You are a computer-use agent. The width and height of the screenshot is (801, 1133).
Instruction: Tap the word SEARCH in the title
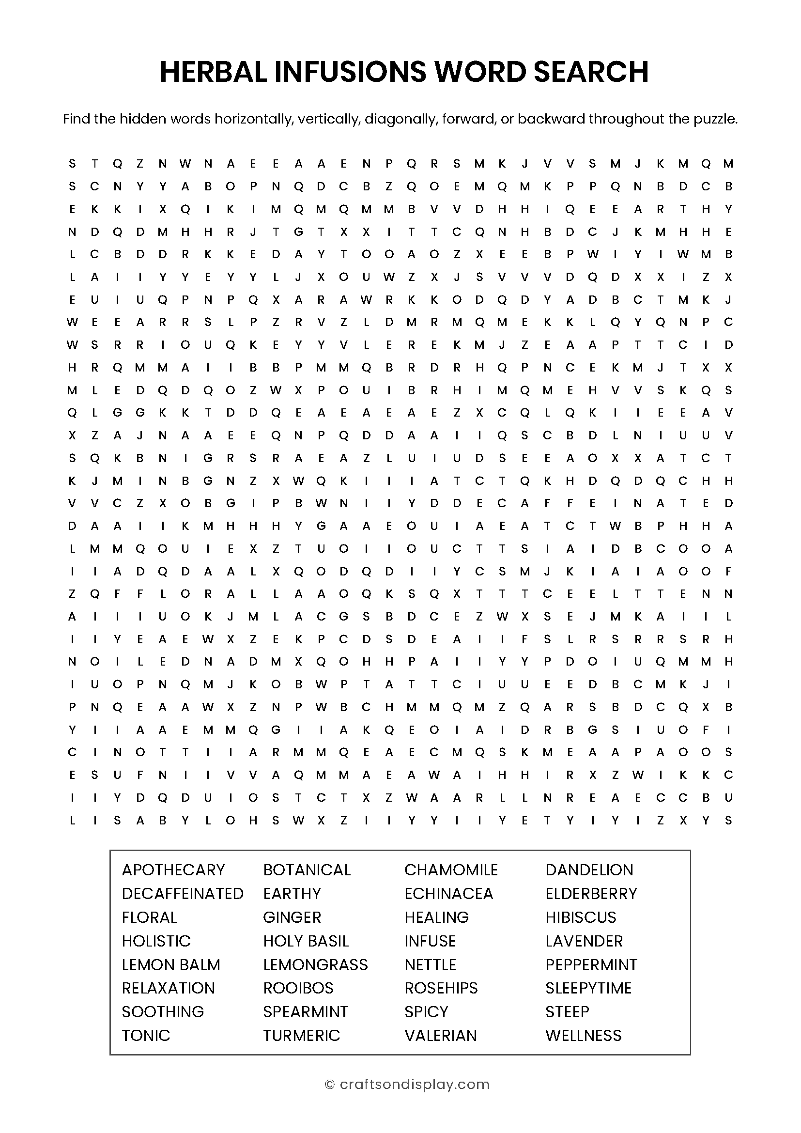pos(591,72)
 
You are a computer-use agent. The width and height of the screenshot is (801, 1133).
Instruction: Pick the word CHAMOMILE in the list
pos(451,869)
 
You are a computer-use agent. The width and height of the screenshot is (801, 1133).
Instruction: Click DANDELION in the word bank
pos(589,869)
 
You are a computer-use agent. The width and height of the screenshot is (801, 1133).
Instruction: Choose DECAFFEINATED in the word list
pos(183,893)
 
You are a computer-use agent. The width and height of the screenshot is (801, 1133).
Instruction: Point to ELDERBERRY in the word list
pos(591,893)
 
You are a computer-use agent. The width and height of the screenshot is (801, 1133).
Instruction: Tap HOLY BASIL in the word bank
pos(306,941)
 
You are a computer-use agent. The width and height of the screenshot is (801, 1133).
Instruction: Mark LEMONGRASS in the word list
pos(315,964)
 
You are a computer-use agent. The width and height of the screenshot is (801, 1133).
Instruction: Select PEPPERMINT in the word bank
pos(591,964)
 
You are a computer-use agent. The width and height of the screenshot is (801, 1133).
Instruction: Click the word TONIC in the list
pos(146,1035)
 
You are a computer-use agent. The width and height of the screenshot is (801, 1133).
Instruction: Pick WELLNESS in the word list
pos(584,1035)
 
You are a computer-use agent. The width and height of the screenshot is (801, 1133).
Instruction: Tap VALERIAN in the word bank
pos(440,1035)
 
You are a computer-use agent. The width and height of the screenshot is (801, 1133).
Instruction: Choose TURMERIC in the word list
pos(301,1035)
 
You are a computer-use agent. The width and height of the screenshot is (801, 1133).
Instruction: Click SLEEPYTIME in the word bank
pos(588,988)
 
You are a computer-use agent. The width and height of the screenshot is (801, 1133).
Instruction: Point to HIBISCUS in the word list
pos(581,917)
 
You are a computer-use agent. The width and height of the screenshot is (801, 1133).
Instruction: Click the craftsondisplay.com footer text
pos(415,1084)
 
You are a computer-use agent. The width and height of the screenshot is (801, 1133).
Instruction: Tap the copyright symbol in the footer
pos(329,1084)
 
